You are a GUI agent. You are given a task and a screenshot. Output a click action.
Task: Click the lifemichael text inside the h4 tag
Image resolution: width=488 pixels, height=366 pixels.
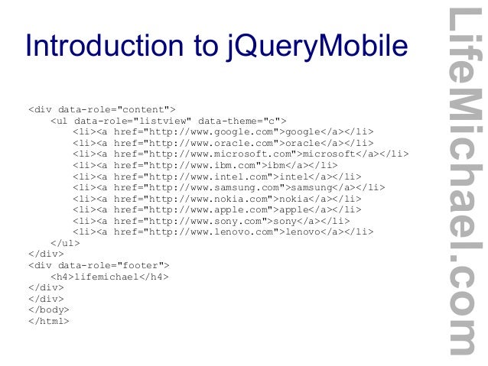pyautogui.click(x=106, y=276)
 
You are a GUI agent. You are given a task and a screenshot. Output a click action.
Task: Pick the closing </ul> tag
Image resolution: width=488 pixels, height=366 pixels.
pyautogui.click(x=65, y=242)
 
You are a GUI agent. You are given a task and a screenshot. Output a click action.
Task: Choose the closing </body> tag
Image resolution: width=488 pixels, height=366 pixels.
pyautogui.click(x=48, y=309)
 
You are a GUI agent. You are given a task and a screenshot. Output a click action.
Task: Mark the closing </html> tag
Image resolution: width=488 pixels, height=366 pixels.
pyautogui.click(x=48, y=320)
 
